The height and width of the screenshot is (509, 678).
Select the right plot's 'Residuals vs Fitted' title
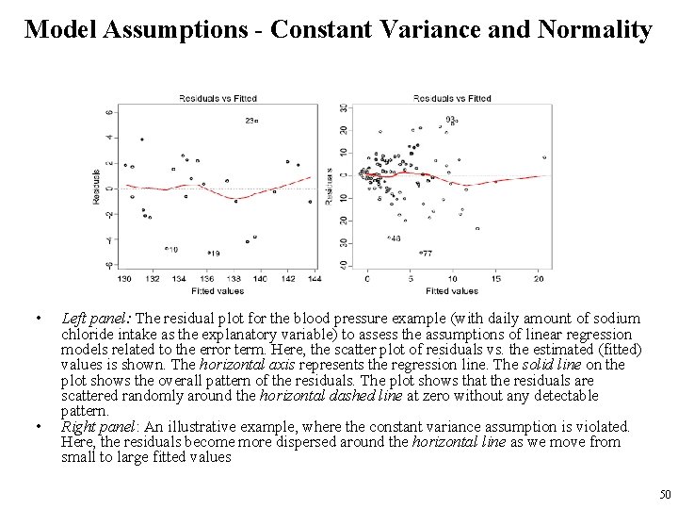(452, 98)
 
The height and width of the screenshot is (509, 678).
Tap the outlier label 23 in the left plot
(250, 121)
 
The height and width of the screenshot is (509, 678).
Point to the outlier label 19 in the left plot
(215, 254)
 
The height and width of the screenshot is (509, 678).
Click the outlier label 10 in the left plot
(172, 249)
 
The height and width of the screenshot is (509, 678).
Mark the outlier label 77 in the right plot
(427, 254)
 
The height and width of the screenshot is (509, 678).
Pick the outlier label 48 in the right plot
(395, 238)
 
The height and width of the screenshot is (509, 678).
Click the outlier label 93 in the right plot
(451, 119)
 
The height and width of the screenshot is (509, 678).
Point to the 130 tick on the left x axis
(123, 279)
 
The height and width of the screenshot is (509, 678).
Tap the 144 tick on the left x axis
(315, 279)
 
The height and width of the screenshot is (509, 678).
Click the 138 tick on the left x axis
(233, 279)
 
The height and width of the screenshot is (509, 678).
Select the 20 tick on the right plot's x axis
(538, 279)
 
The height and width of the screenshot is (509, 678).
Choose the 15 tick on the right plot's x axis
(495, 279)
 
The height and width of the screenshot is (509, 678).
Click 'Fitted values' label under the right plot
(452, 290)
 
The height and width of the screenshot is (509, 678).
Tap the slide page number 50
(665, 494)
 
